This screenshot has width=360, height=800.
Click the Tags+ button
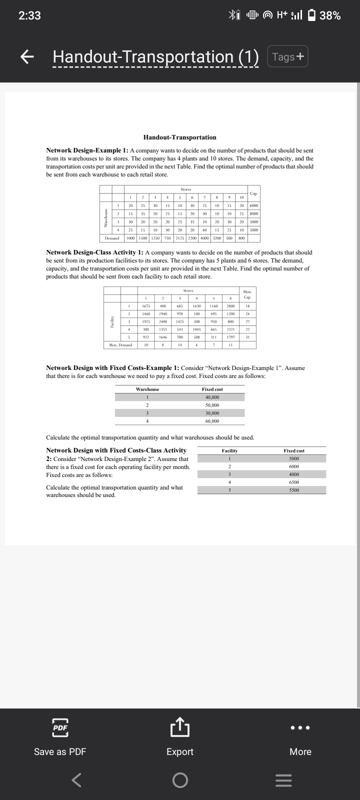(288, 56)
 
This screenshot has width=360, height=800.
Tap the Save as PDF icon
(60, 728)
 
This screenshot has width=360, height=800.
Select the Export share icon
(179, 727)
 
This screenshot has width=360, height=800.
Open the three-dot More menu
(300, 727)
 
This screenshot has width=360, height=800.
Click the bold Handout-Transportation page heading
(179, 137)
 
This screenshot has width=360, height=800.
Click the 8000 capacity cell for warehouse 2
(254, 213)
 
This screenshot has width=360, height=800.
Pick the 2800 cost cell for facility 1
(230, 306)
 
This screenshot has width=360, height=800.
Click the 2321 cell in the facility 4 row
(230, 329)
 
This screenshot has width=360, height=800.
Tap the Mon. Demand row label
(120, 345)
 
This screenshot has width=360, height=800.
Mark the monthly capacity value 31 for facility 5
(247, 337)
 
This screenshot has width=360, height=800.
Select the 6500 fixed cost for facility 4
(294, 482)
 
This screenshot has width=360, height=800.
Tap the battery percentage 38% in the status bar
(330, 15)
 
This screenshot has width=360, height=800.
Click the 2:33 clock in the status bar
(29, 15)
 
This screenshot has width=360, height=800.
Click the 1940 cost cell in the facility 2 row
(163, 313)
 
